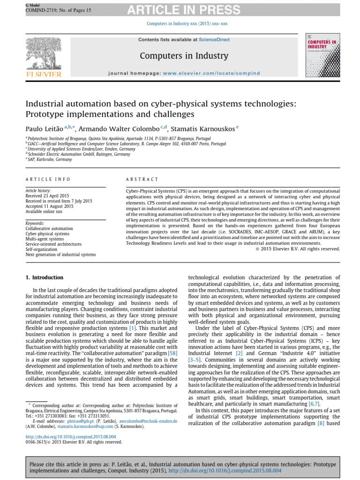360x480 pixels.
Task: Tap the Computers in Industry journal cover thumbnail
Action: point(322,55)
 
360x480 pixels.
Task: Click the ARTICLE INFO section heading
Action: point(48,180)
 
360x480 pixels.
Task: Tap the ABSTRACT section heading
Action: point(142,180)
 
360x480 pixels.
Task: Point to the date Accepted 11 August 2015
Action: point(49,206)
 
